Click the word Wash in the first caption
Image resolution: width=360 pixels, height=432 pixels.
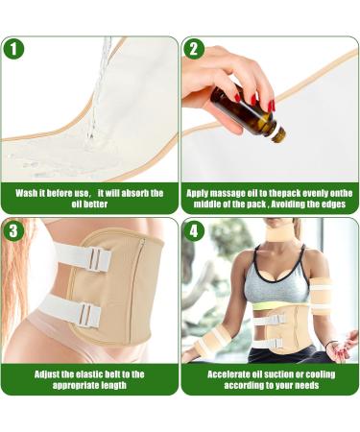click(x=28, y=193)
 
